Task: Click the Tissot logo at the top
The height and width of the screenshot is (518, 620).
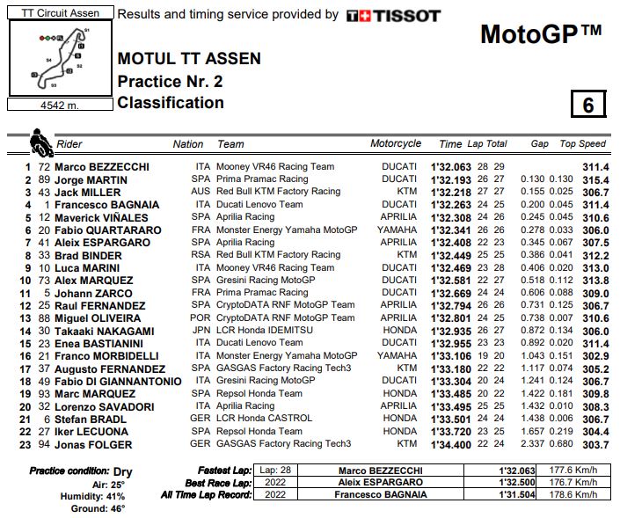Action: click(393, 15)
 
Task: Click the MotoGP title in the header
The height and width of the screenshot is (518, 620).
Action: click(540, 34)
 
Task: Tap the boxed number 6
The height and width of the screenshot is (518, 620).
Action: click(587, 104)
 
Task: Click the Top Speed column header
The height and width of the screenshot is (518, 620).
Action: click(582, 143)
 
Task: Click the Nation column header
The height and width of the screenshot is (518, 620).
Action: click(188, 143)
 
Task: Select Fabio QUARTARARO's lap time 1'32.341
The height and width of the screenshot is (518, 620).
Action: click(450, 230)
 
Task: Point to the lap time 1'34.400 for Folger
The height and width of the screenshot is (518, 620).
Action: click(450, 444)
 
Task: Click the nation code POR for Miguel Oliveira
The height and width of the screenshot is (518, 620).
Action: click(201, 317)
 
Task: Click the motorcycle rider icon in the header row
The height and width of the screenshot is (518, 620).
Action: click(40, 141)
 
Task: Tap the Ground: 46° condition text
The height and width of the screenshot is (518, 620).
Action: click(98, 508)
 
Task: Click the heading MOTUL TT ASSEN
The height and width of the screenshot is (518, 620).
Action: click(189, 60)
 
